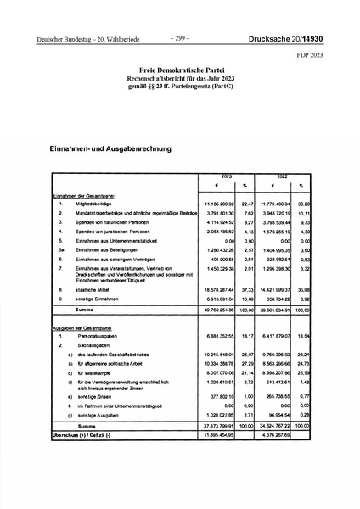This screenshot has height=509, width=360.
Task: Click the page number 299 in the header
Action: coord(180,38)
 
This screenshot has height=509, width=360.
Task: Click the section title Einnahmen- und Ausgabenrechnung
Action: coord(110,148)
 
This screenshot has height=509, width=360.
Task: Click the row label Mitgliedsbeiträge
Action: coord(94,204)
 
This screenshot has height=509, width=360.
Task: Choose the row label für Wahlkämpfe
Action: coord(94,371)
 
